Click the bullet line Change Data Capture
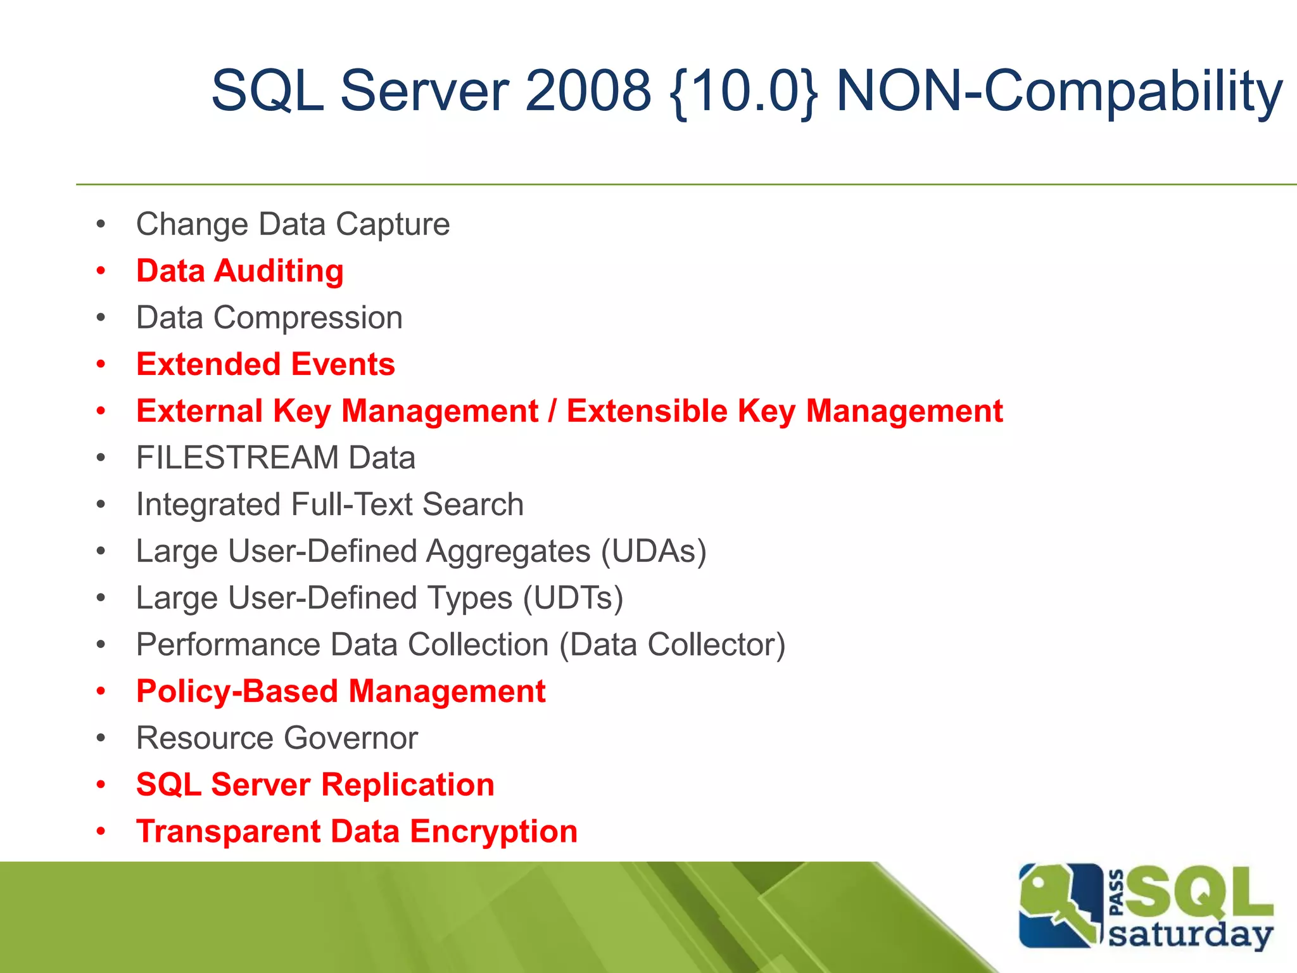293,224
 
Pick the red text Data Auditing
240,271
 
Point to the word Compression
308,317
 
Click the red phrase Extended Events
265,364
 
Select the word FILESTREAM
237,457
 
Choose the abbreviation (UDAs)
654,551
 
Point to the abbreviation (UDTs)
573,598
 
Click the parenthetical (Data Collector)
673,645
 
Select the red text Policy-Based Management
341,691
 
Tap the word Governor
351,738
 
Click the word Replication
408,785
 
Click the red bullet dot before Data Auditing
101,271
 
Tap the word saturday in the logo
1191,935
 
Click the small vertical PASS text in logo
1117,893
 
